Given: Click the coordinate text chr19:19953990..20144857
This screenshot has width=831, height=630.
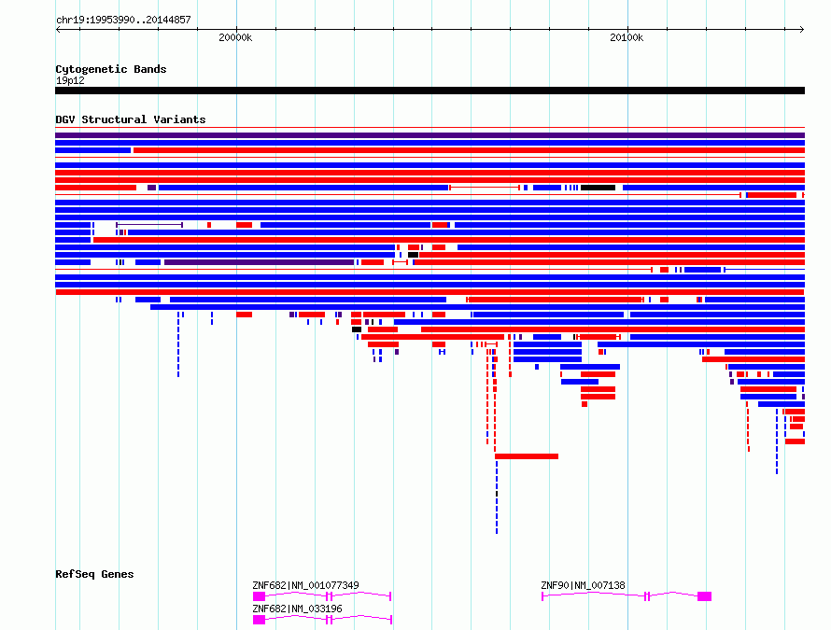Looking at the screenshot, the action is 123,21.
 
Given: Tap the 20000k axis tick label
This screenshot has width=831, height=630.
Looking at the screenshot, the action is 235,37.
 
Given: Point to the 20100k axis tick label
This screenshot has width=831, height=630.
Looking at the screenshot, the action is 627,37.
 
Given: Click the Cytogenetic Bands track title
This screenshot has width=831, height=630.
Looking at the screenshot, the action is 111,69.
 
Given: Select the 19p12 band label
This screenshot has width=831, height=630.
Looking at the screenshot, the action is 70,80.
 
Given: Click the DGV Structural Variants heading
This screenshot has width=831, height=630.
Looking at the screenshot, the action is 131,119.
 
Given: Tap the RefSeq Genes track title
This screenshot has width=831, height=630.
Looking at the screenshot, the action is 94,574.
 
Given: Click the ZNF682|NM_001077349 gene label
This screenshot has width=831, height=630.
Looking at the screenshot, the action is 305,585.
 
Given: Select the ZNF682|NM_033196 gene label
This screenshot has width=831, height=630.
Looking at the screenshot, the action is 297,609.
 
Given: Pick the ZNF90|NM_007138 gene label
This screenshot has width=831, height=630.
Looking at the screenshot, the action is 583,585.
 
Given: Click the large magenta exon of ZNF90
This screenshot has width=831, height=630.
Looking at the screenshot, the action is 704,596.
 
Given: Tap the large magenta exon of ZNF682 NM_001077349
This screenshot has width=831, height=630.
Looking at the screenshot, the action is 260,596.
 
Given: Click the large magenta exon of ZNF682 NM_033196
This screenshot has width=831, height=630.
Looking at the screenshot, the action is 260,620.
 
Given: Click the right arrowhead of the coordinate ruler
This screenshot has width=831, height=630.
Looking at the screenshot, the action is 802,30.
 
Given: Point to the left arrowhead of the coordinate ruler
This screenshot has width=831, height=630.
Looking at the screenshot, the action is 58,30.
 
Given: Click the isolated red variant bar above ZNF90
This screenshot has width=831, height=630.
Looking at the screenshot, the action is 527,456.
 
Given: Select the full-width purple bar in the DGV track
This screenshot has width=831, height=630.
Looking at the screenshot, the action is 430,135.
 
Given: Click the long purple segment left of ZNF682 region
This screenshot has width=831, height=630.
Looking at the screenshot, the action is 260,262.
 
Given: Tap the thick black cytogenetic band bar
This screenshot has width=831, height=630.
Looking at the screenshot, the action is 430,91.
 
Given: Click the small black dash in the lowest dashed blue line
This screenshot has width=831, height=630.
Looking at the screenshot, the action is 497,494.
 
